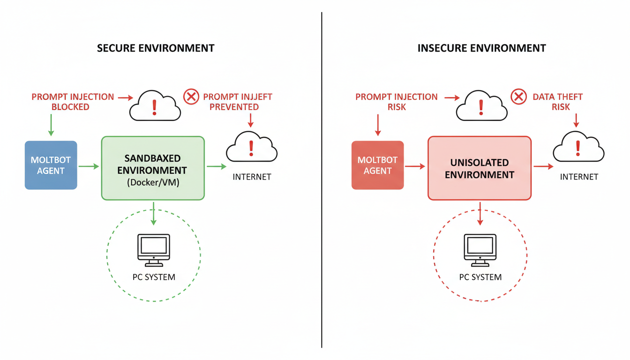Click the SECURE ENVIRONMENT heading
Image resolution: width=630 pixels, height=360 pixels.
click(x=156, y=48)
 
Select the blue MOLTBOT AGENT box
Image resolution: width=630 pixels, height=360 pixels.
click(x=51, y=165)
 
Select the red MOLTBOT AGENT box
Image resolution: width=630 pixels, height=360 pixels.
click(x=377, y=165)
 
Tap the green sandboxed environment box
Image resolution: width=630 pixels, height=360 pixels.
click(x=153, y=168)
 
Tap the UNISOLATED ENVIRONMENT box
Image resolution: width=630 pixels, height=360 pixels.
click(x=479, y=168)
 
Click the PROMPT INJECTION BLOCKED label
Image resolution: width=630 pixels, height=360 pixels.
click(x=73, y=102)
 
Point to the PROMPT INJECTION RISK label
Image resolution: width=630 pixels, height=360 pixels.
click(x=397, y=102)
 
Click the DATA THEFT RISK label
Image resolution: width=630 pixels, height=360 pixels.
click(x=557, y=102)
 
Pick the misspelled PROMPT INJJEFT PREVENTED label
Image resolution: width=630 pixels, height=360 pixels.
click(x=237, y=102)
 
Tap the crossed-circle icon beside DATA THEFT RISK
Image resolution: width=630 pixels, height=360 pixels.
click(x=518, y=97)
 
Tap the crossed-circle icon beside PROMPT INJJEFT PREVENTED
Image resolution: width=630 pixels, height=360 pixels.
click(x=191, y=97)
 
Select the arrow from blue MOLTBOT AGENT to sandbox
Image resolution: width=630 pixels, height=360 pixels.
click(x=89, y=166)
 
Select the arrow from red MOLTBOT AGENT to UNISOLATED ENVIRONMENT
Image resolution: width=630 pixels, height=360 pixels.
click(x=415, y=166)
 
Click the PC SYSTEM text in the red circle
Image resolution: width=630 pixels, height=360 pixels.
click(x=480, y=277)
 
